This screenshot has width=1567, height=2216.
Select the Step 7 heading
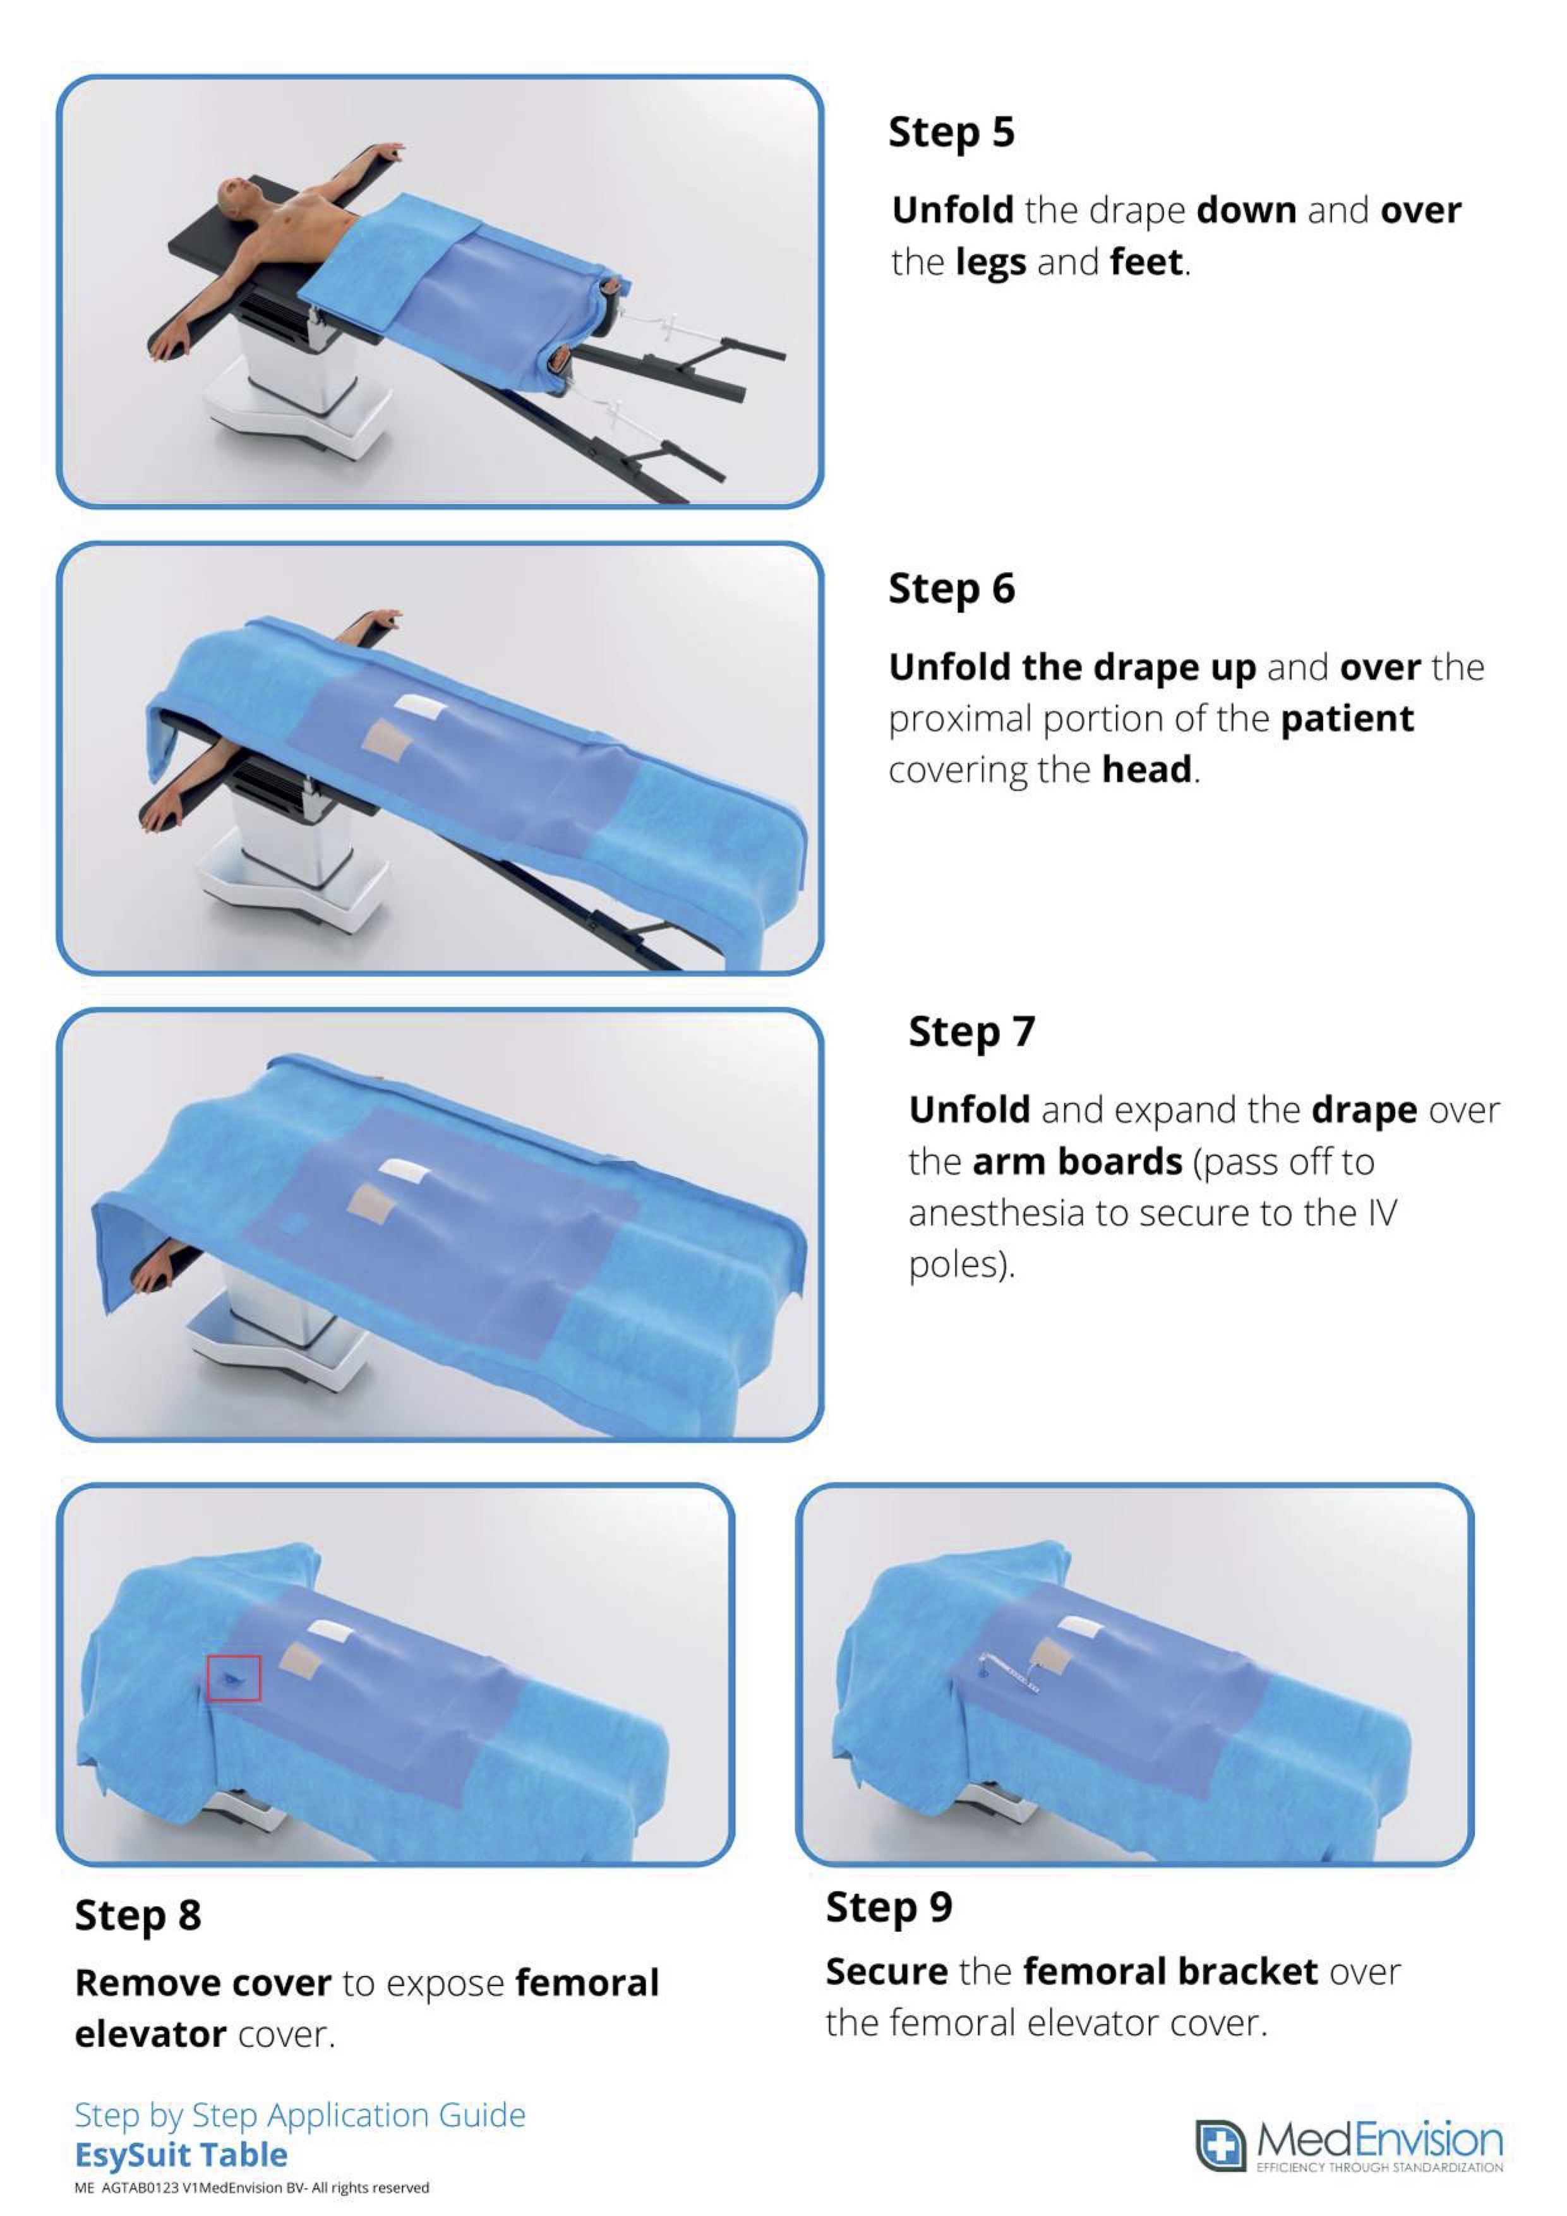point(971,1032)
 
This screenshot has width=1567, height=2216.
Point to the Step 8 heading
point(138,1916)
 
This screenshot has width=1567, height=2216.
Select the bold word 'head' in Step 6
point(1146,769)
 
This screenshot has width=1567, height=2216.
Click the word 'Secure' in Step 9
point(886,1972)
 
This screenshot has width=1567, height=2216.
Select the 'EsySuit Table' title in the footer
point(181,2154)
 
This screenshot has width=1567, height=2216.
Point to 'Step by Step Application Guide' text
point(300,2115)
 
